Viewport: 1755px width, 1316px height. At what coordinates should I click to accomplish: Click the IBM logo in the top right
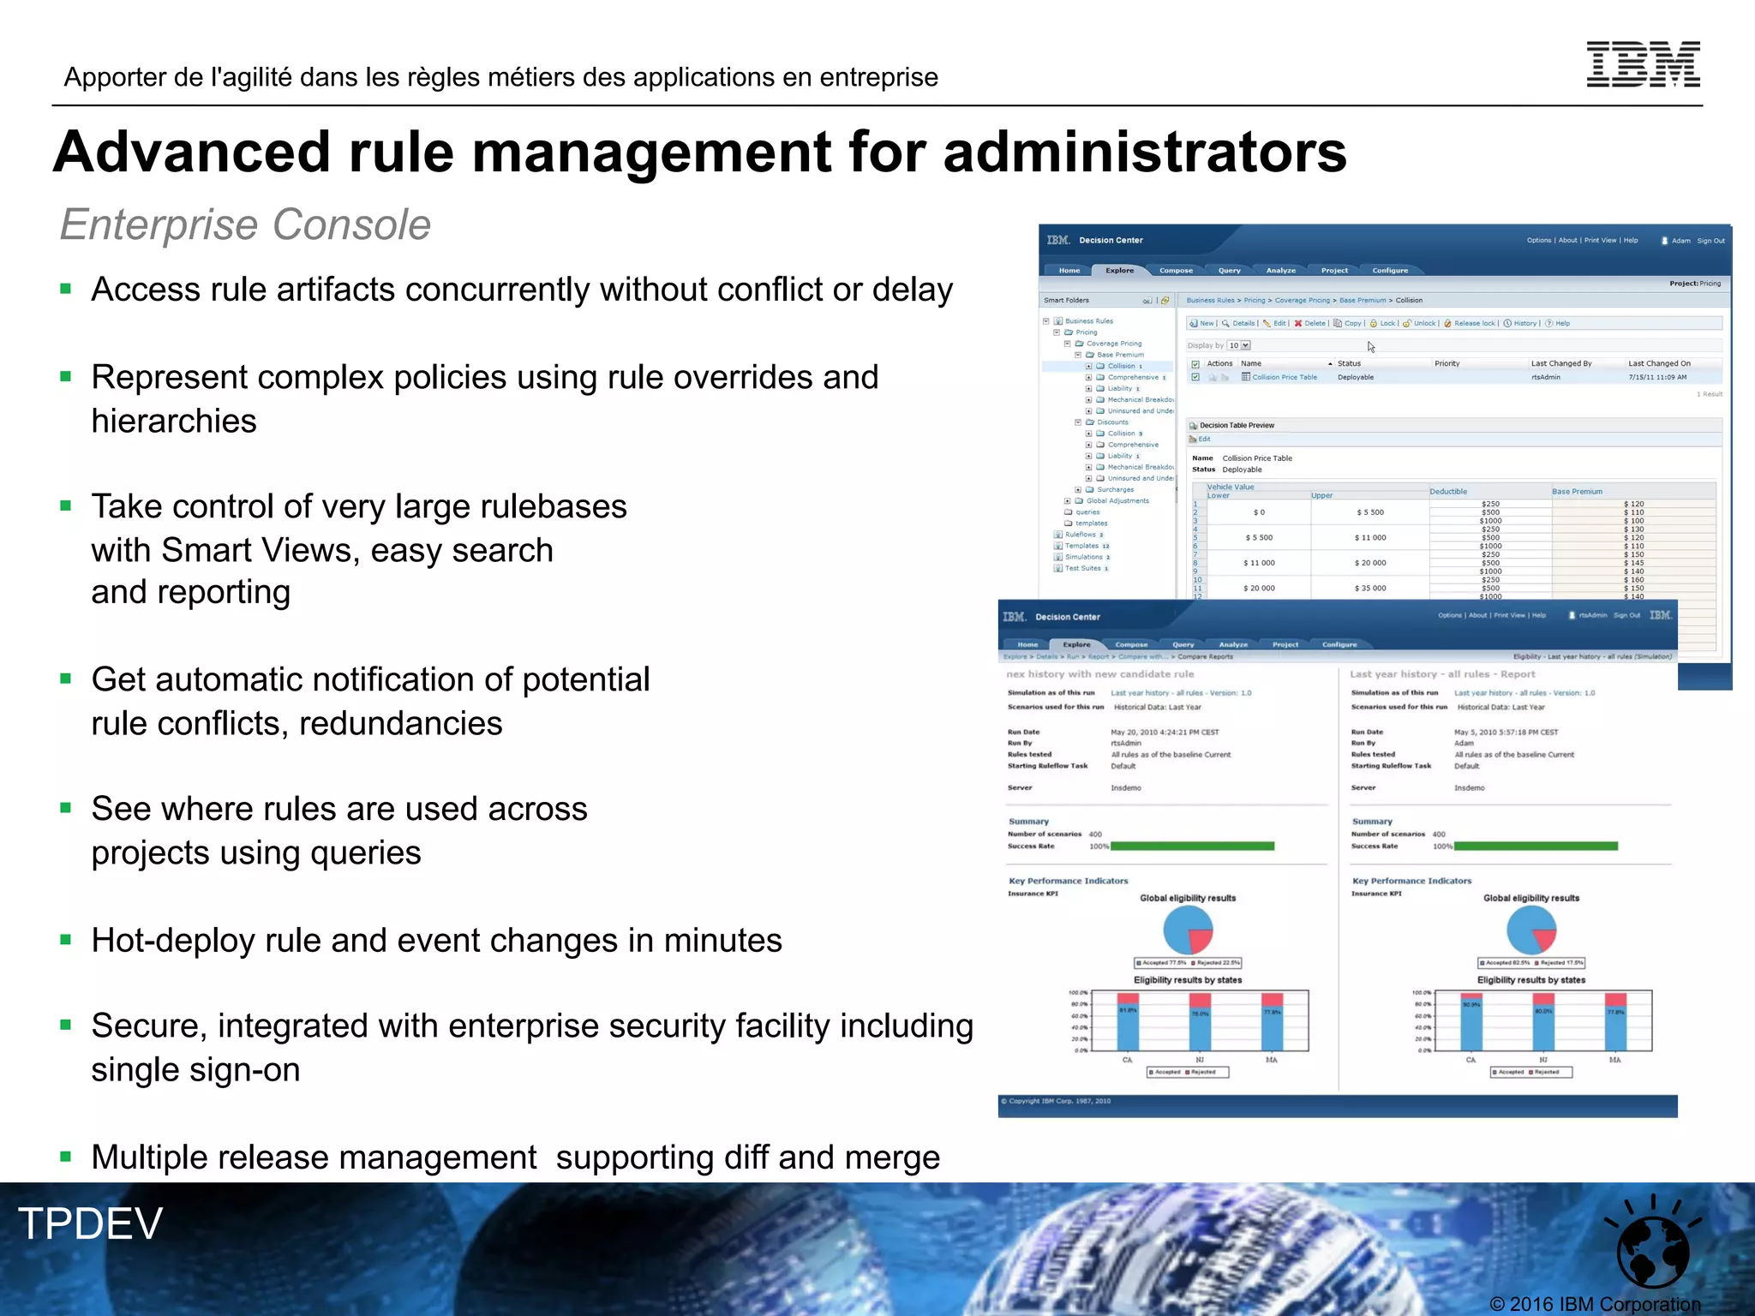tap(1643, 64)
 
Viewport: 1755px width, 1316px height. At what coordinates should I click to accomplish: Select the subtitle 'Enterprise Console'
tap(245, 224)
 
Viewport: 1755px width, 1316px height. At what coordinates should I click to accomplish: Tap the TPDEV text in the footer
tap(90, 1223)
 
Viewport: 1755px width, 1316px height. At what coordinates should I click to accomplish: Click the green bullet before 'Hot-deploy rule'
tap(65, 940)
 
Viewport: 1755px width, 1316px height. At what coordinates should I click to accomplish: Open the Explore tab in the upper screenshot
tap(1119, 271)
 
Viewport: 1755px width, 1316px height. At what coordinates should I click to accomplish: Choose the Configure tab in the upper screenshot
tap(1390, 271)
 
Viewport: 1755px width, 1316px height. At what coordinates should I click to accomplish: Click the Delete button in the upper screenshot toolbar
tap(1310, 324)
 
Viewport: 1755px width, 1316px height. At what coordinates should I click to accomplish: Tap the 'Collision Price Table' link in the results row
tap(1285, 378)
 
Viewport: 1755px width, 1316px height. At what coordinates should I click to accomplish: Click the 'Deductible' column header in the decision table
tap(1448, 492)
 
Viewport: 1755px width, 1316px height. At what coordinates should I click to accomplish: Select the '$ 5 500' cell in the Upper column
tap(1370, 512)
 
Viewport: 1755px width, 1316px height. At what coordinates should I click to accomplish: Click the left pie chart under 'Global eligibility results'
tap(1188, 930)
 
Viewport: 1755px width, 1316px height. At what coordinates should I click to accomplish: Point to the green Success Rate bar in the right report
tap(1536, 846)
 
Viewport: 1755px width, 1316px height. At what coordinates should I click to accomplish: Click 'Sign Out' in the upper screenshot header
tap(1710, 241)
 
